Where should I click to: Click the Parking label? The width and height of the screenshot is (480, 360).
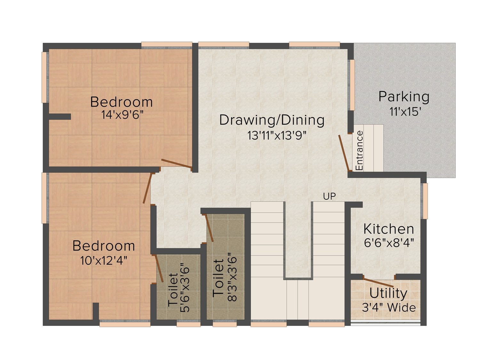tap(404, 97)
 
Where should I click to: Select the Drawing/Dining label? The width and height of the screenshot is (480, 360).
tap(272, 120)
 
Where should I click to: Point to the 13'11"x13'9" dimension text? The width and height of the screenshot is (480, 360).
tap(276, 135)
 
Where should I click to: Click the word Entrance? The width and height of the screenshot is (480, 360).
tap(359, 150)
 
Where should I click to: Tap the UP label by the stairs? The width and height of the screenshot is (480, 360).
tap(329, 196)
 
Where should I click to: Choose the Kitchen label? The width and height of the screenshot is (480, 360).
tap(389, 229)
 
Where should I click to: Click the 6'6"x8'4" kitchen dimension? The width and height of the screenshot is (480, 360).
tap(389, 243)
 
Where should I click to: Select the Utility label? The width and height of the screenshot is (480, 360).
tap(388, 293)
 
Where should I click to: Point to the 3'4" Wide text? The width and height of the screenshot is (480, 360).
tap(389, 308)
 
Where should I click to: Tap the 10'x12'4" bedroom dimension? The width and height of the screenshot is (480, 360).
tap(104, 260)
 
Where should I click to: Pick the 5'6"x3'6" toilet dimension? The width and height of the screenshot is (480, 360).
tap(185, 288)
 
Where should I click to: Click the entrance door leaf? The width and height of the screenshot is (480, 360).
tap(344, 153)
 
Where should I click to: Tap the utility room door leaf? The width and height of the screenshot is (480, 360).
tap(378, 283)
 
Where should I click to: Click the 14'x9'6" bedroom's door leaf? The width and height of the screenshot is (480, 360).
tap(176, 164)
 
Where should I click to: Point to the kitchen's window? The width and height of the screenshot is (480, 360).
tap(425, 201)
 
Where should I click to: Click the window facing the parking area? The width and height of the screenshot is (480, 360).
tap(352, 85)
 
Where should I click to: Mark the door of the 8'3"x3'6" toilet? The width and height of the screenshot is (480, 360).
tap(209, 228)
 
